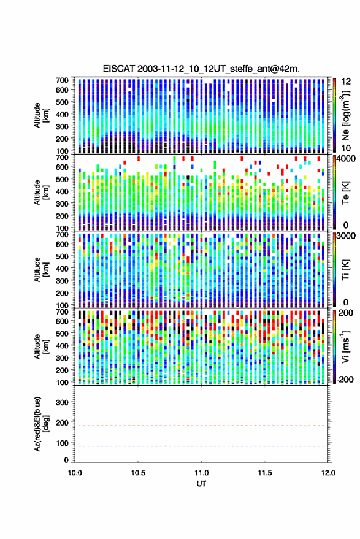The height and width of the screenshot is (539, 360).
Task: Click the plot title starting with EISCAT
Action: (201, 69)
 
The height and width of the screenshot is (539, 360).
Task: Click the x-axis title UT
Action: (202, 484)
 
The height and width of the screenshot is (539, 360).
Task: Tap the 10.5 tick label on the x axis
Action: (138, 473)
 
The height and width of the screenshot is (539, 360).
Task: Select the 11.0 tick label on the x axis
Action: (201, 473)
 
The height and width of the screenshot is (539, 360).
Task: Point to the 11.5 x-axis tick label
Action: (264, 473)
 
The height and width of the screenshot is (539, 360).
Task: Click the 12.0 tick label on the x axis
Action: (327, 473)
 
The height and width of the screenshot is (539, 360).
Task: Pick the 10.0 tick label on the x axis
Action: (75, 473)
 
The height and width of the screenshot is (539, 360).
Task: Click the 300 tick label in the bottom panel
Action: (62, 402)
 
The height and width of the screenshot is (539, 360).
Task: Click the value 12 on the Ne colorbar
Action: (346, 82)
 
